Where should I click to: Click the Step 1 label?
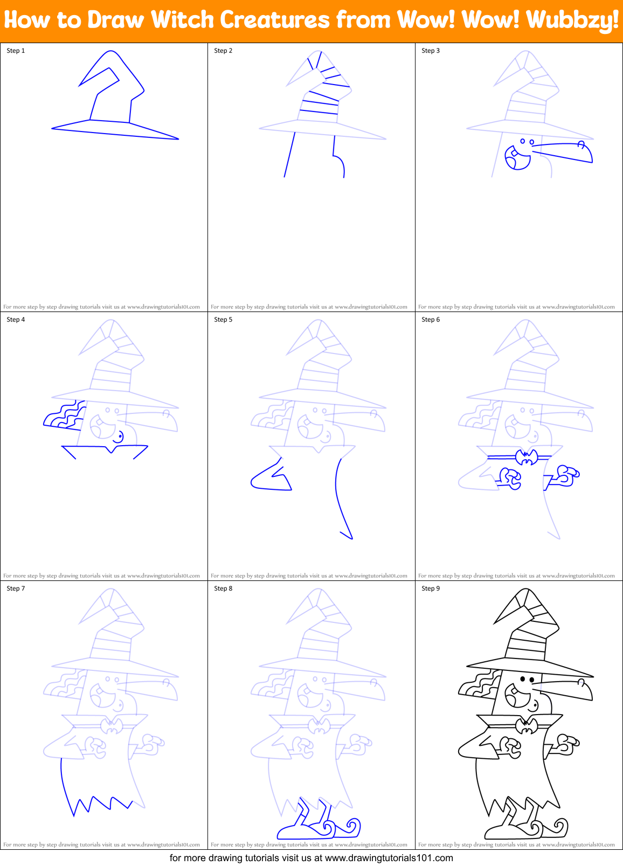click(16, 51)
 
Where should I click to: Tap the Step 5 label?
click(223, 320)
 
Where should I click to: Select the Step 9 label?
click(431, 588)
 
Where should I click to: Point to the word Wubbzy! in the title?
click(572, 20)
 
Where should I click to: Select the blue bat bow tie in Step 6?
click(527, 457)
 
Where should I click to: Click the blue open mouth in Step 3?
click(516, 157)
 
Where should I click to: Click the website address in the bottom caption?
click(389, 858)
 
